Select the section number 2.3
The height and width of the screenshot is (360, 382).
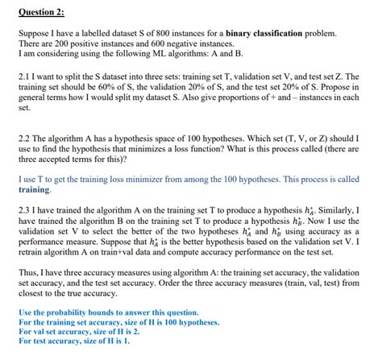pyautogui.click(x=25, y=208)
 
